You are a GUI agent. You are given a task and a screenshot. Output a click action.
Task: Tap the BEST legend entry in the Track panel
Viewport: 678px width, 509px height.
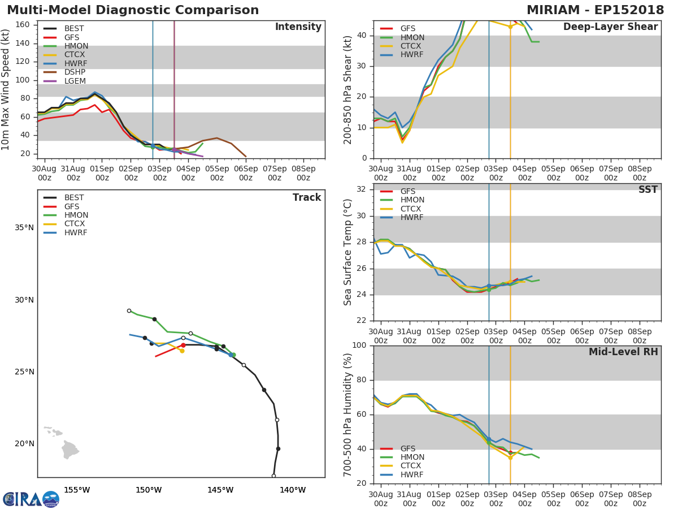click(x=73, y=198)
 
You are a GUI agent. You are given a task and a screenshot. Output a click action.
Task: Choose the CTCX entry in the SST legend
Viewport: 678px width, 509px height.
click(x=412, y=209)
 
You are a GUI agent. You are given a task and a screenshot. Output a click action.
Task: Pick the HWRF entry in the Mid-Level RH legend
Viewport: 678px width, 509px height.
click(x=412, y=475)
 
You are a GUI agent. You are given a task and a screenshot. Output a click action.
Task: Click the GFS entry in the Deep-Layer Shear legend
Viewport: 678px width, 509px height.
click(x=407, y=29)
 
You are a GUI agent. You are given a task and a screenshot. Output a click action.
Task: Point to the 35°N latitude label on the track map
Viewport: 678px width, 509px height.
click(x=24, y=228)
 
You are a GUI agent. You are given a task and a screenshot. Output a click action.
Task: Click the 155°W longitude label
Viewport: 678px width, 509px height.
click(x=76, y=490)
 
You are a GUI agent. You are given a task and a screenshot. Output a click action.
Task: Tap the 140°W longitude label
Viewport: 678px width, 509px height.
click(x=292, y=490)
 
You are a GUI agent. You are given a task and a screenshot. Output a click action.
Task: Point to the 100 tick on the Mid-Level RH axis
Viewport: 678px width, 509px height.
click(x=359, y=346)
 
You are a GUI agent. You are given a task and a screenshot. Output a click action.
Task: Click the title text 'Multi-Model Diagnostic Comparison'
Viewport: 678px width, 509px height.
click(x=133, y=10)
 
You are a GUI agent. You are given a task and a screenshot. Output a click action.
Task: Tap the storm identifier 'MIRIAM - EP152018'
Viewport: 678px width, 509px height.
click(x=596, y=10)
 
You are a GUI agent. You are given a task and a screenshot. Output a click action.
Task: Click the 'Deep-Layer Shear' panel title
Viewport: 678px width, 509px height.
click(x=610, y=27)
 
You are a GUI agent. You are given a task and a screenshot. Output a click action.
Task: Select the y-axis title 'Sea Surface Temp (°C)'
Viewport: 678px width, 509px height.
click(x=348, y=252)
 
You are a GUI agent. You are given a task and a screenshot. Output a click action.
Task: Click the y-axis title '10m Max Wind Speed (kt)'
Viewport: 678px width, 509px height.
click(x=6, y=89)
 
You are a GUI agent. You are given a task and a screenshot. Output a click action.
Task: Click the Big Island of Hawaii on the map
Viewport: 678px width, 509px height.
click(x=69, y=451)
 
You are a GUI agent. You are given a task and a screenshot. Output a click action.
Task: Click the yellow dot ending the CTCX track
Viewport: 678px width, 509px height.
click(x=182, y=351)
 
